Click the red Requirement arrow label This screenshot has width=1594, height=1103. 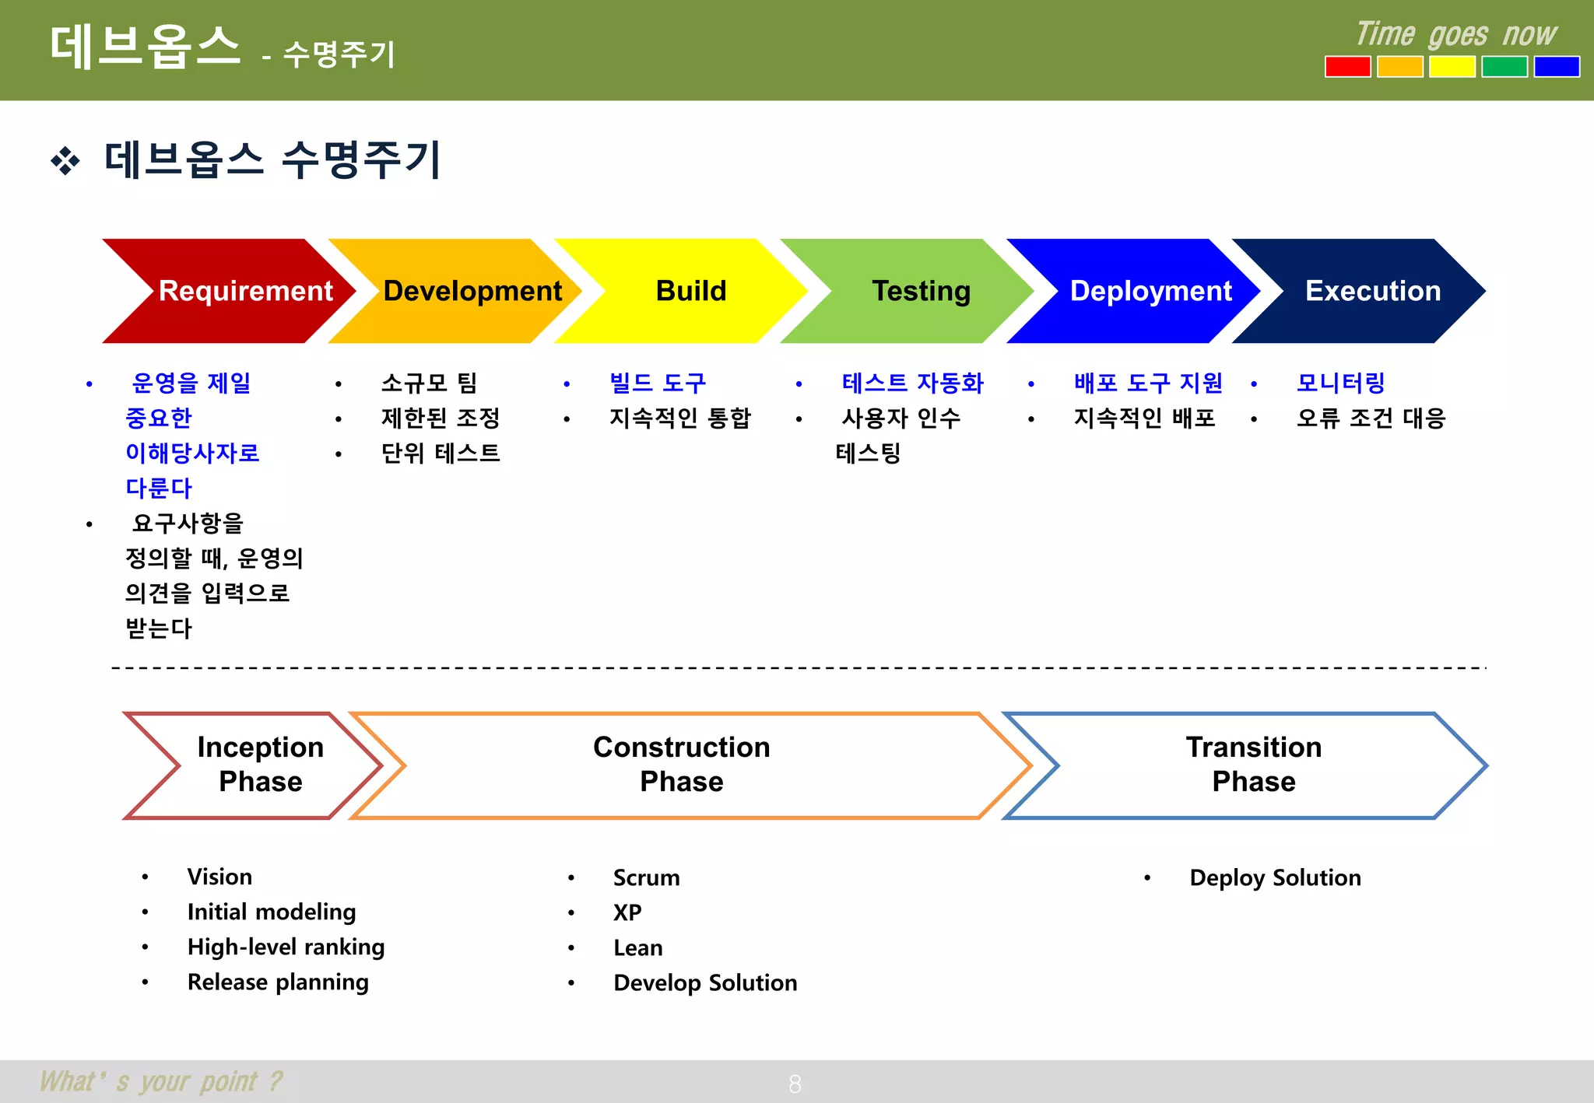click(x=245, y=291)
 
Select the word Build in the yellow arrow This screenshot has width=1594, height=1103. click(x=690, y=291)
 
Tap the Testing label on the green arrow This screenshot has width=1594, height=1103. click(x=921, y=291)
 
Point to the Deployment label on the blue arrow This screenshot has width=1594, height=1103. click(x=1150, y=291)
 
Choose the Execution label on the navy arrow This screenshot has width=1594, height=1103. click(x=1373, y=291)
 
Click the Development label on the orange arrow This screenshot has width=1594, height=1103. click(x=472, y=291)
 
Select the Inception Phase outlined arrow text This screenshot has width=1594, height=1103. click(x=260, y=764)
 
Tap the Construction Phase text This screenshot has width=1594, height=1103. click(x=681, y=764)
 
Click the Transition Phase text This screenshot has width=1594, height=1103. click(x=1253, y=764)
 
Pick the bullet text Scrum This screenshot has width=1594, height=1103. click(x=646, y=877)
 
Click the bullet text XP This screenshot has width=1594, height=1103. click(x=627, y=912)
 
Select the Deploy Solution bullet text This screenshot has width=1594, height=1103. click(x=1275, y=877)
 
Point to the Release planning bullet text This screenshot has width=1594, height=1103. click(x=278, y=982)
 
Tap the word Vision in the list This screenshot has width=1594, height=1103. click(x=219, y=877)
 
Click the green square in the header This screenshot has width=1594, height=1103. click(x=1504, y=67)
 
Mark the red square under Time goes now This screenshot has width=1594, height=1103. click(x=1347, y=67)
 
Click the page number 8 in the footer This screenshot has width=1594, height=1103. click(x=795, y=1084)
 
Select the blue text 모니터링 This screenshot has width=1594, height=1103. click(x=1340, y=383)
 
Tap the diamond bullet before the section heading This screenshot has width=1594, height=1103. click(x=65, y=161)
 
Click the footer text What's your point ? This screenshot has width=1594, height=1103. click(x=161, y=1081)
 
